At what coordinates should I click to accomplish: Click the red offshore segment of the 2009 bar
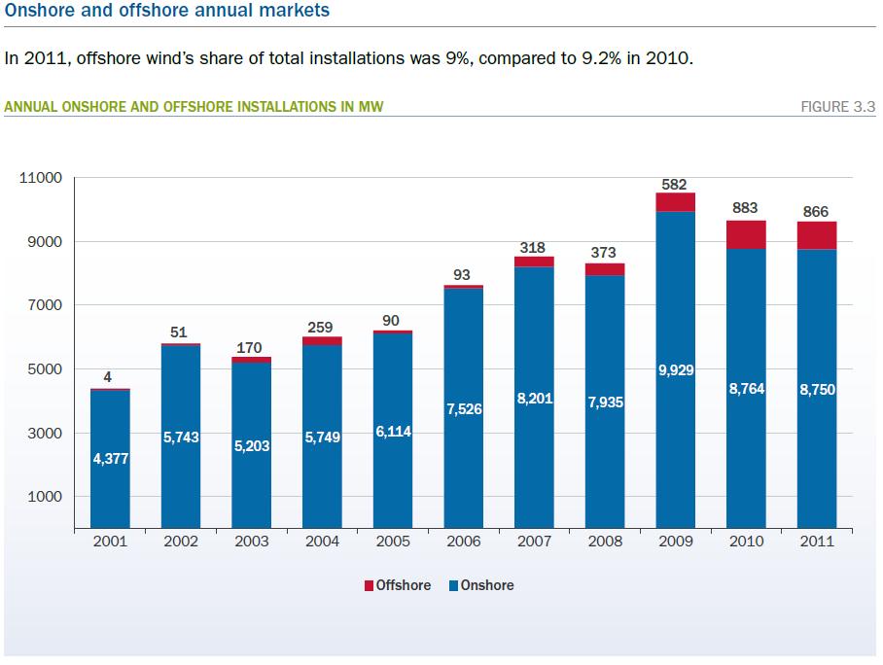[675, 201]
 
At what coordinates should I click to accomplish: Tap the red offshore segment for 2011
[817, 235]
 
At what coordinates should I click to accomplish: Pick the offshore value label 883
[746, 208]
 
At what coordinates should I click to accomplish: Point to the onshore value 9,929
[675, 369]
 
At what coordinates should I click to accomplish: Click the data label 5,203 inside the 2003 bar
[251, 446]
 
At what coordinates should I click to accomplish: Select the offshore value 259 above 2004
[322, 329]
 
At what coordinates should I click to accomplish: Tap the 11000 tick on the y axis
[41, 178]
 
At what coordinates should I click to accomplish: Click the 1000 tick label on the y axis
[45, 497]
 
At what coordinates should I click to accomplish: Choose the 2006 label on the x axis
[464, 542]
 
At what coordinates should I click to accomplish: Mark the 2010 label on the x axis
[746, 542]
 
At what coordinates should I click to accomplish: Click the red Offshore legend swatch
[368, 586]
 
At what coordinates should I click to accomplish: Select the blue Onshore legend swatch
[453, 586]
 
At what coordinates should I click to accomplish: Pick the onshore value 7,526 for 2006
[464, 409]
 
